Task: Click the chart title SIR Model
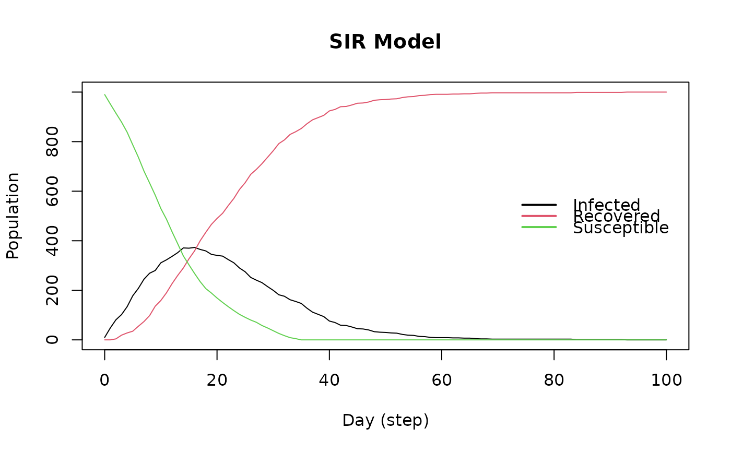coord(385,42)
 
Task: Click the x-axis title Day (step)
coord(385,421)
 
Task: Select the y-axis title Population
coord(13,216)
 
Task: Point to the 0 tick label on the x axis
coord(104,380)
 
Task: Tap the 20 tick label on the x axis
coord(217,380)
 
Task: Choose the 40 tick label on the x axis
coord(329,380)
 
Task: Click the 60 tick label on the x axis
coord(442,380)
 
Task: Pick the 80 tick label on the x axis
coord(554,380)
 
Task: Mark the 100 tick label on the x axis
coord(666,380)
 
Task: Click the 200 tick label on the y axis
coord(52,290)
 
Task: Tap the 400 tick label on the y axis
coord(52,241)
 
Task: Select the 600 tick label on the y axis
coord(52,191)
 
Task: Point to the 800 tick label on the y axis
coord(52,141)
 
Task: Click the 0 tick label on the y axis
coord(52,340)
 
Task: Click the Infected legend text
coord(607,205)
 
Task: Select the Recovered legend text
coord(617,216)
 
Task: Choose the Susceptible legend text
coord(621,228)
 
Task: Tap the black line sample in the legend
coord(539,205)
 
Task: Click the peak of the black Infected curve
coord(194,247)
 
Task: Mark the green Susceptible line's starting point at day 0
coord(104,94)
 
